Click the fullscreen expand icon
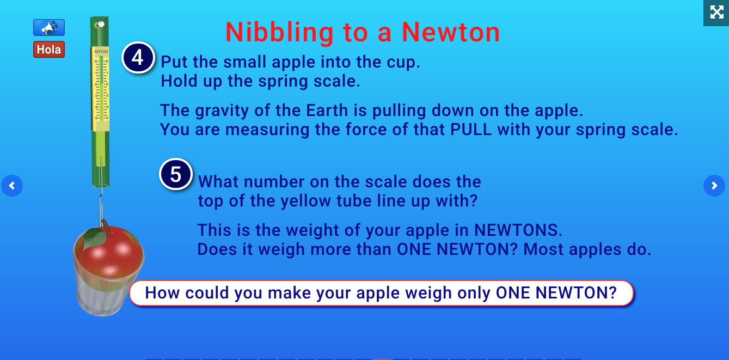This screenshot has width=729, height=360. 716,12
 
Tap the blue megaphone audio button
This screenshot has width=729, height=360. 49,27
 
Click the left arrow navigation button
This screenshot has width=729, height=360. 12,186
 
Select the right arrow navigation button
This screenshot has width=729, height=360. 714,186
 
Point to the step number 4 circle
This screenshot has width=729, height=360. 138,58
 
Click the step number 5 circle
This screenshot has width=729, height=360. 175,174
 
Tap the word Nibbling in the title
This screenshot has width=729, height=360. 280,33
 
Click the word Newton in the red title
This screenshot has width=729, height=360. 451,33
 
